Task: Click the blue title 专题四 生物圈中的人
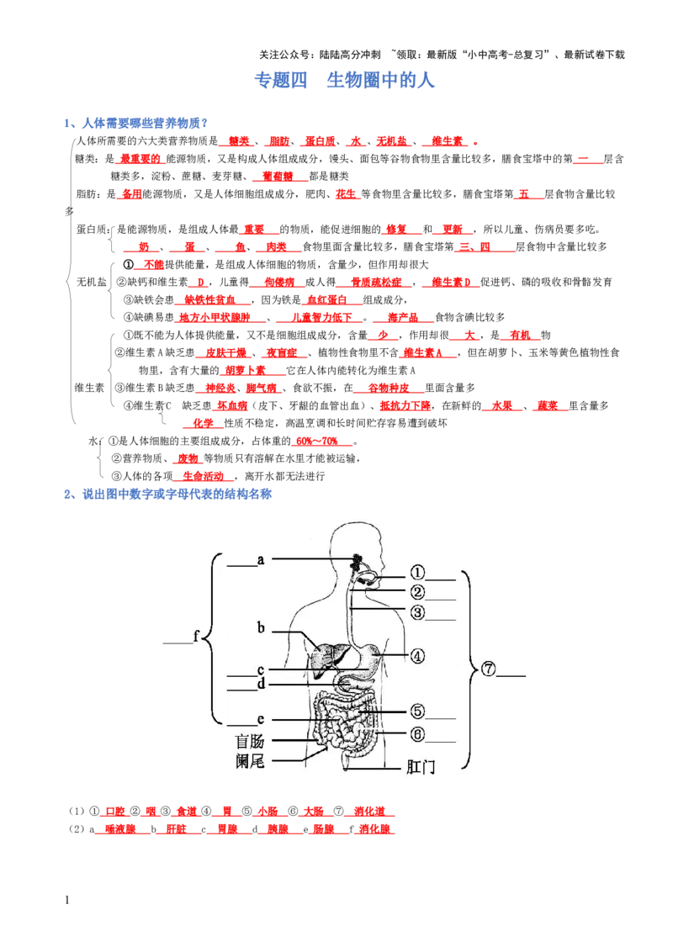[x=344, y=80]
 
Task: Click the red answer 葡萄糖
[x=278, y=177]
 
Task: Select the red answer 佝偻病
[x=279, y=283]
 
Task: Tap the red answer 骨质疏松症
[x=377, y=283]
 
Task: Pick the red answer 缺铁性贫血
[x=210, y=300]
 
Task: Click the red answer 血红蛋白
[x=326, y=300]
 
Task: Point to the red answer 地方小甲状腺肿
[x=215, y=318]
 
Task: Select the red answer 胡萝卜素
[x=245, y=370]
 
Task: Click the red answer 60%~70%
[x=317, y=442]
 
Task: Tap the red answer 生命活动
[x=204, y=477]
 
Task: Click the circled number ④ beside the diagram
[x=417, y=656]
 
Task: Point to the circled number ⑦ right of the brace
[x=489, y=669]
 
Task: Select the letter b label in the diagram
[x=261, y=627]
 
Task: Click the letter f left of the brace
[x=196, y=636]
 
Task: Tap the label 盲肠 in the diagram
[x=250, y=741]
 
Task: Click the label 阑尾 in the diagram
[x=250, y=761]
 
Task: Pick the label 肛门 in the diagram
[x=421, y=767]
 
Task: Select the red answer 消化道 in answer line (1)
[x=369, y=812]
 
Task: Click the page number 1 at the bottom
[x=66, y=901]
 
